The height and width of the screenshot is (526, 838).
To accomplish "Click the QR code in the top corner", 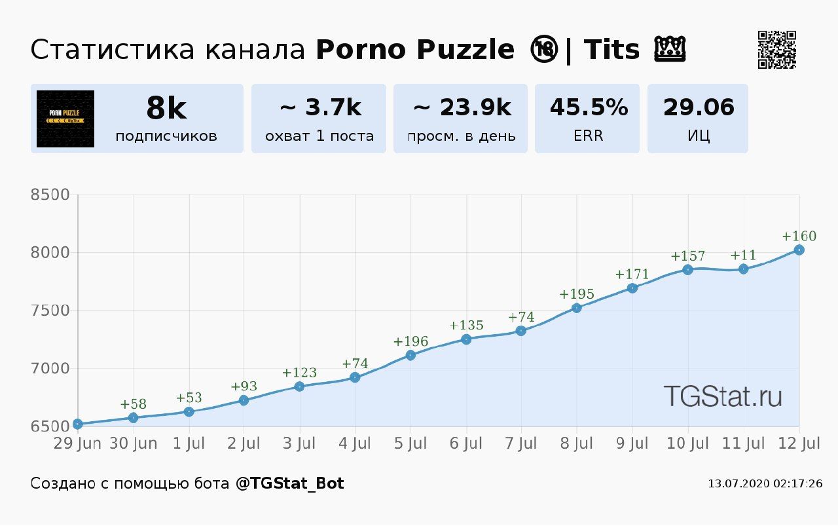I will click(x=776, y=50).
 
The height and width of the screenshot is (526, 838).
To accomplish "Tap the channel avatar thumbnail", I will click(x=65, y=119).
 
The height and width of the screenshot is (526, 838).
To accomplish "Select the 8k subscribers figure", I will click(x=166, y=108).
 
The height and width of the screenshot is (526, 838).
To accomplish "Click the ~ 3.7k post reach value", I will click(x=319, y=107).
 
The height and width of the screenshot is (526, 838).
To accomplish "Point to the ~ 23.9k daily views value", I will click(x=461, y=107).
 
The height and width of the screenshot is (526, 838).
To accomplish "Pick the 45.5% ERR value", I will click(x=588, y=107).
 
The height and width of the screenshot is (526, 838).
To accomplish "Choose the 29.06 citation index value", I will click(x=699, y=107).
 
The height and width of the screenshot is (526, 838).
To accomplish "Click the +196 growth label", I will click(x=410, y=341).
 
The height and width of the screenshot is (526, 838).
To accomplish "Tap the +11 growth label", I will click(x=743, y=255).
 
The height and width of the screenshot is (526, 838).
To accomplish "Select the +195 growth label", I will click(x=577, y=294).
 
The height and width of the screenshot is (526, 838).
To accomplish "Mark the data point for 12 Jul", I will click(x=799, y=250).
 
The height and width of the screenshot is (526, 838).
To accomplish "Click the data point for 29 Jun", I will click(x=78, y=424).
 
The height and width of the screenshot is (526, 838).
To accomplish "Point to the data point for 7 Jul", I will click(x=521, y=331).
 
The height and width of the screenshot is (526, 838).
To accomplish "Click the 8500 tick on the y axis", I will click(x=50, y=195).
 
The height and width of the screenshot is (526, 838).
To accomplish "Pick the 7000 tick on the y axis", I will click(x=50, y=369).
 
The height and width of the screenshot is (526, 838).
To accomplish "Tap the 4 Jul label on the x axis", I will click(x=355, y=444).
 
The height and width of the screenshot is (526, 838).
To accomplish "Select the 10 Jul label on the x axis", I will click(x=687, y=444).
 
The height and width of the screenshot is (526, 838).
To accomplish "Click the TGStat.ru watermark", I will click(x=722, y=396).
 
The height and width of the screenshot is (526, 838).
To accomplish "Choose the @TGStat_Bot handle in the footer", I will click(x=289, y=484).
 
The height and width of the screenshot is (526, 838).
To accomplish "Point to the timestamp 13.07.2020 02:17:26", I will click(x=765, y=484).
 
